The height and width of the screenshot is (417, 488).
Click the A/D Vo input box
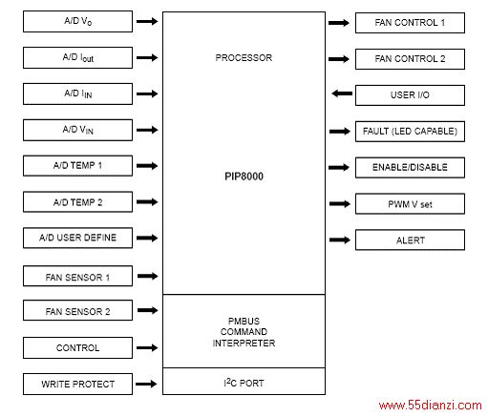77,21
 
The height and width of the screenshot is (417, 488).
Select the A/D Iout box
77,57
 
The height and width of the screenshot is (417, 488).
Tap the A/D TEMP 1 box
77,166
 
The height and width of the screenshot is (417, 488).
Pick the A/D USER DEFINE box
77,238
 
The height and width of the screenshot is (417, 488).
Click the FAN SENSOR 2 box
77,310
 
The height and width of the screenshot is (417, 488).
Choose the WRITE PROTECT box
77,384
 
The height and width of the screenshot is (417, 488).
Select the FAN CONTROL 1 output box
410,23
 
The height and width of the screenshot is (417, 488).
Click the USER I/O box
410,95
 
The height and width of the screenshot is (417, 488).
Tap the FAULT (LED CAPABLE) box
410,132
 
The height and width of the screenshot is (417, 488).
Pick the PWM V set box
410,203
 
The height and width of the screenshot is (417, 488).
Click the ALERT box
410,240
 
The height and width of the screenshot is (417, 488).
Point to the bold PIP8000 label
244,177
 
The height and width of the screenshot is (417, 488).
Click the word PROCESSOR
244,57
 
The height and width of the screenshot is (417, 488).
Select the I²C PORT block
244,382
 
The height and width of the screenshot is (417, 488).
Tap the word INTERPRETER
244,343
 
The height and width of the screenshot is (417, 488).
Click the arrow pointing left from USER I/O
342,94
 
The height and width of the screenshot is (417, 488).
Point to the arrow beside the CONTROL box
147,347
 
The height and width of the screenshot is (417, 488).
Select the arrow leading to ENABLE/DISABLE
339,167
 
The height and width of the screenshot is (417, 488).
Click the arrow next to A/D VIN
147,130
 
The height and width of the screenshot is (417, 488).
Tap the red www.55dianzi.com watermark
430,406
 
